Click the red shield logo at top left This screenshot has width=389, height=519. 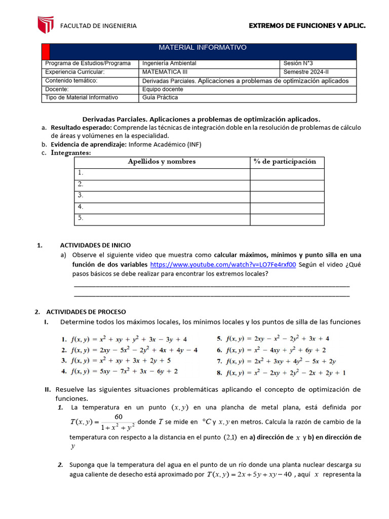[x=46, y=25]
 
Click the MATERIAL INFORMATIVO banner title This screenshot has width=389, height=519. [x=203, y=48]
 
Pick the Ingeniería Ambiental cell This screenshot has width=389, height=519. [x=169, y=63]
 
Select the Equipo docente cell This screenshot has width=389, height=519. [x=163, y=89]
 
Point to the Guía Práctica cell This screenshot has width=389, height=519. [x=160, y=97]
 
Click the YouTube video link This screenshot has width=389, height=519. [x=223, y=265]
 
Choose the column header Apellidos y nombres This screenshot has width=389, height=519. [x=162, y=162]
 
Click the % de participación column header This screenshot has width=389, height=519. [x=287, y=162]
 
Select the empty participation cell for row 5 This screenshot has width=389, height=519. [x=287, y=219]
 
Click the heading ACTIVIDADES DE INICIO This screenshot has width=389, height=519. [x=95, y=245]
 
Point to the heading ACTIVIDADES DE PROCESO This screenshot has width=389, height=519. [x=86, y=312]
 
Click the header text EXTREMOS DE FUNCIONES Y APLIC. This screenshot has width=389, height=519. [x=307, y=26]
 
